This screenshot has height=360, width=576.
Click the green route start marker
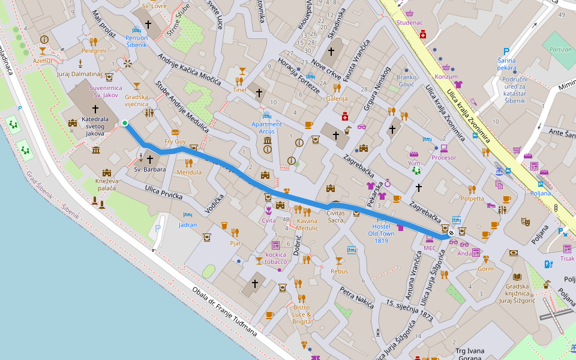click(x=125, y=123)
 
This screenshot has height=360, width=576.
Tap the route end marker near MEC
click(x=451, y=234)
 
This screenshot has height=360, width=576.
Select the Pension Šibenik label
click(x=136, y=41)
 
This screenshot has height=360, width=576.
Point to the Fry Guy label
click(x=175, y=142)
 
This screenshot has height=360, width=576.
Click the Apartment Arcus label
click(x=267, y=127)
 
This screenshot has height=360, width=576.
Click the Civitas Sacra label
click(x=335, y=216)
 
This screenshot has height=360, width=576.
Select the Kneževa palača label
click(x=106, y=184)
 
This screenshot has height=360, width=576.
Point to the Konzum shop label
click(x=446, y=77)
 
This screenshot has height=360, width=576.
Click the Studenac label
click(x=410, y=23)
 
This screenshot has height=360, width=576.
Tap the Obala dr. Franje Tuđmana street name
click(x=224, y=313)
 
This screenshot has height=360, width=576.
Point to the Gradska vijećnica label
click(x=136, y=100)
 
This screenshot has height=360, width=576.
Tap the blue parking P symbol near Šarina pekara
click(x=506, y=52)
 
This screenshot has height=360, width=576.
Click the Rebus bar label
click(x=339, y=271)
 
